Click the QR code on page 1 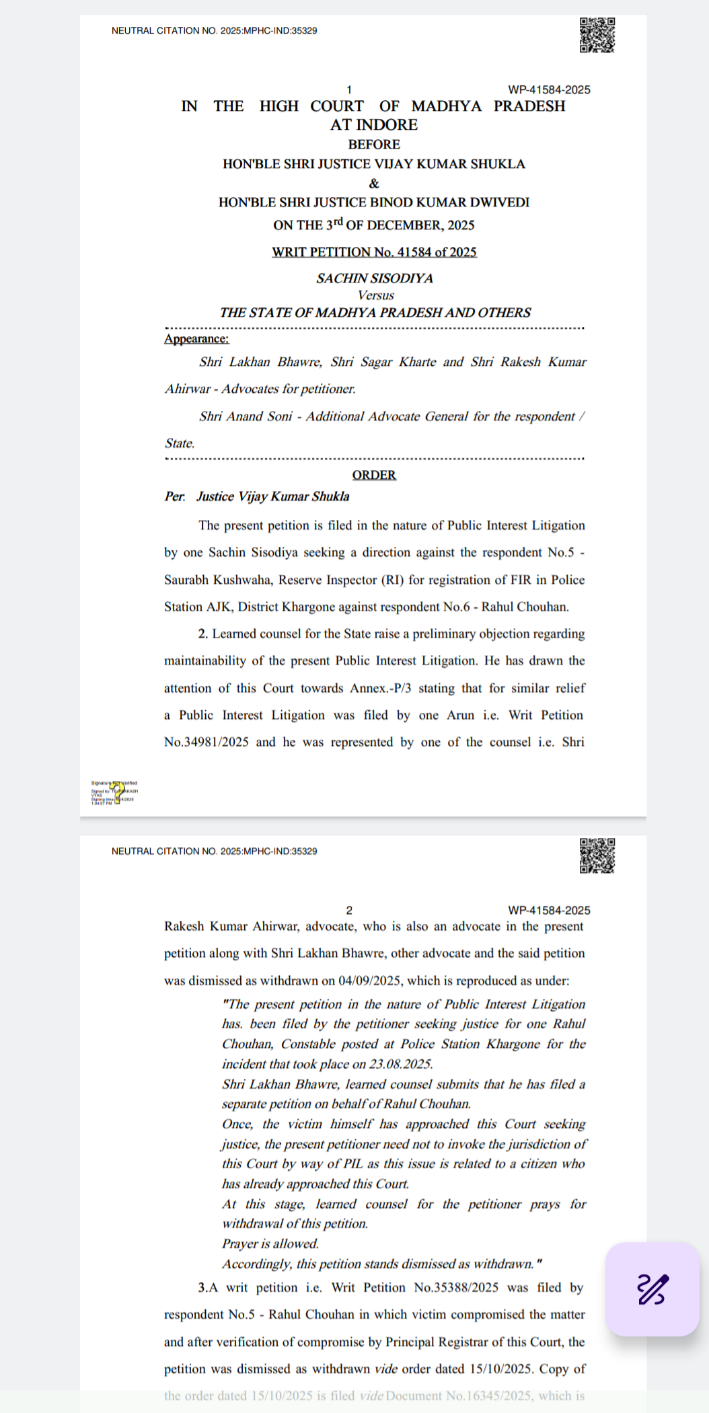597,35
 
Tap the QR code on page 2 597,855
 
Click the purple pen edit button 652,1289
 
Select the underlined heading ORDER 374,475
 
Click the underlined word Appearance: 196,339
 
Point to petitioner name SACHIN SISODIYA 375,278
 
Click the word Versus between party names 375,295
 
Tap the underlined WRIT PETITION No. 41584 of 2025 374,252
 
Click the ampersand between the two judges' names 374,184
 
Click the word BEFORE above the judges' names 374,145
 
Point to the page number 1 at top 349,89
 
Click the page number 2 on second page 349,910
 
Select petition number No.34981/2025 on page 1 207,742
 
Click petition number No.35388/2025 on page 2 456,1287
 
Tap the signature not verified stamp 114,792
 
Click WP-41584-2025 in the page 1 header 549,89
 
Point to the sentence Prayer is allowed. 270,1244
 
